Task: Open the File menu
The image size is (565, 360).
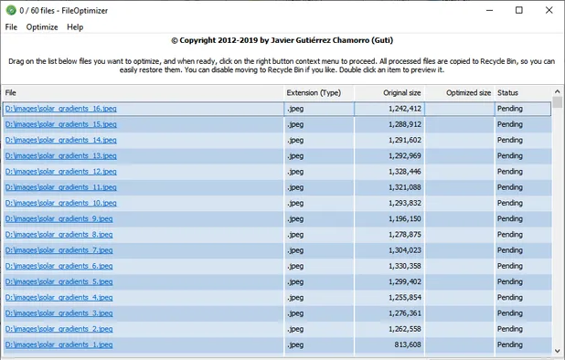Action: coord(11,26)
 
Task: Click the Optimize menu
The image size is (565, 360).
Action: coord(42,26)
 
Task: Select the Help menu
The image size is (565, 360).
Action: coord(75,26)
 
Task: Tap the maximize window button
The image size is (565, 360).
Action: coord(519,10)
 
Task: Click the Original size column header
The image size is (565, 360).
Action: coord(389,92)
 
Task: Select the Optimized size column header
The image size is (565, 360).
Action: coord(461,92)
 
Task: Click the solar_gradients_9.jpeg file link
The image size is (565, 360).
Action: coord(59,218)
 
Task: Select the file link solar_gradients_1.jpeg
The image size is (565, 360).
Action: coord(59,344)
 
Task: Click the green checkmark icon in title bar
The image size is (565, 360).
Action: coord(11,10)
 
